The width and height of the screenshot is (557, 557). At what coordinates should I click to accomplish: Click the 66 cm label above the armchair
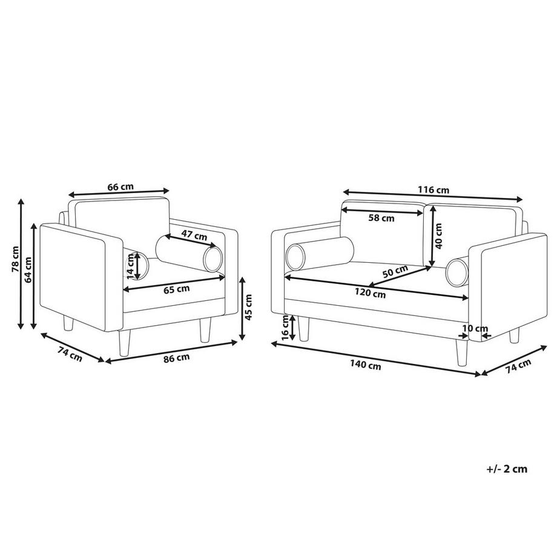[120, 186]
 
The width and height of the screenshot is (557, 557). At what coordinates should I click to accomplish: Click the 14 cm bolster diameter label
[130, 265]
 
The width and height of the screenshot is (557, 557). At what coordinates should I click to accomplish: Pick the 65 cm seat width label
[177, 289]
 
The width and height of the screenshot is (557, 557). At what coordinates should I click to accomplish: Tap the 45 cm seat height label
[248, 307]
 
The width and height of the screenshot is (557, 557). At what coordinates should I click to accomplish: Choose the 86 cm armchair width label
[177, 358]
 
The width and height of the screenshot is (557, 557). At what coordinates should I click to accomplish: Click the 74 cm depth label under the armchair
[70, 355]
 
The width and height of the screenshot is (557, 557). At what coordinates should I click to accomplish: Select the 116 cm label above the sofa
[433, 190]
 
